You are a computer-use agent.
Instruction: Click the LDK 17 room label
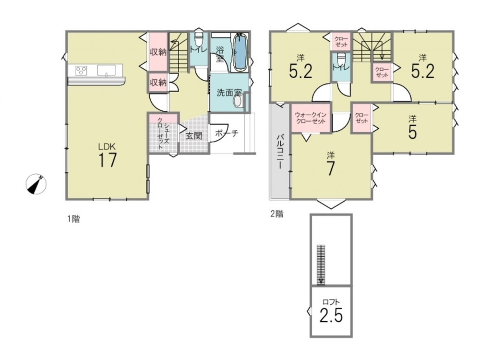107,155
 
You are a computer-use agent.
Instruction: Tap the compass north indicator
36,184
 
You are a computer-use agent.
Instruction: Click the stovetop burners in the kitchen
82,71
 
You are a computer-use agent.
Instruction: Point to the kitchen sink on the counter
107,70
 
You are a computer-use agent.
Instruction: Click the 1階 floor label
73,219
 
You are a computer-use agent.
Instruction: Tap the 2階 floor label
277,214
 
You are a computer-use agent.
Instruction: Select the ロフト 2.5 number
331,315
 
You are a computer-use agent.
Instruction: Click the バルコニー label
279,152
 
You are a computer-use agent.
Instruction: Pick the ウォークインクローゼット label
311,118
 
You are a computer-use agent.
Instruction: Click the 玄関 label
194,135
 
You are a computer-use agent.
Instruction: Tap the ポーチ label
227,133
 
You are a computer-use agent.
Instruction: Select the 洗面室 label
229,93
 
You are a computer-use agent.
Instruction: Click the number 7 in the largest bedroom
330,168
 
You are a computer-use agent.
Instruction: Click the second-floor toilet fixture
341,58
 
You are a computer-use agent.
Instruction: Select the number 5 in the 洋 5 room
412,132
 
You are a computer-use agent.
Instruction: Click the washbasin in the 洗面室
238,101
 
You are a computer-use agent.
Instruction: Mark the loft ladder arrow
321,265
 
